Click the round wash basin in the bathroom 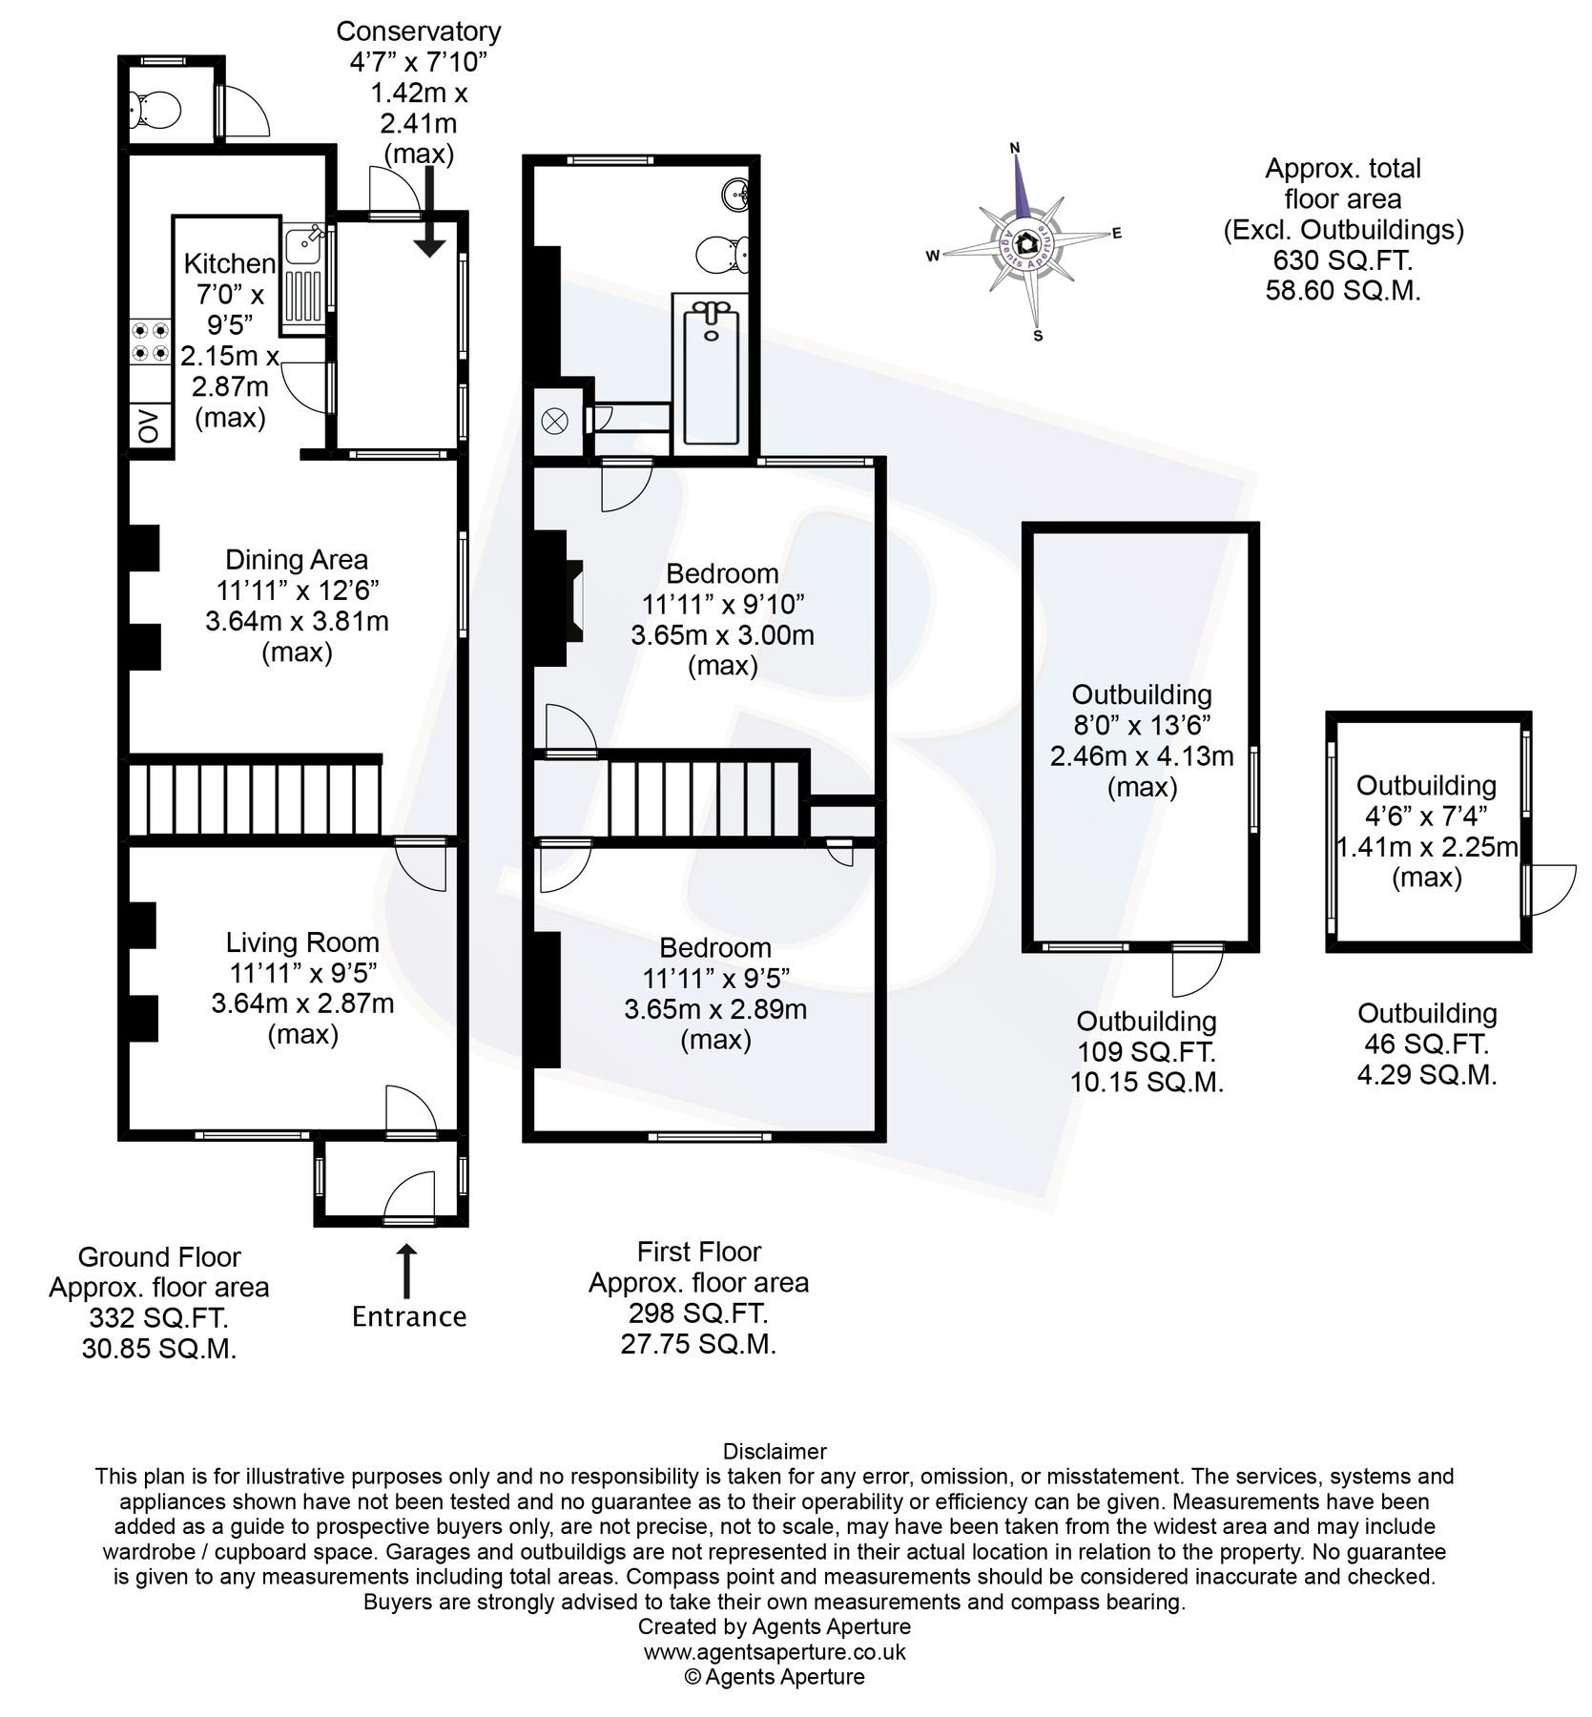pos(737,196)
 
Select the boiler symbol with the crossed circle pos(555,420)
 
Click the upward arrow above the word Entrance pos(407,1270)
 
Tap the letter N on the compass pos(1015,148)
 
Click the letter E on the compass pos(1117,234)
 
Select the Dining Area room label pos(297,560)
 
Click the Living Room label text pos(302,942)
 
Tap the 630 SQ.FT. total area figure pos(1343,259)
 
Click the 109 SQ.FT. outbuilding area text pos(1147,1052)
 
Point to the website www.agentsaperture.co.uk pos(775,1651)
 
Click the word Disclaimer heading pos(775,1452)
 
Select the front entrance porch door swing pos(412,1198)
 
